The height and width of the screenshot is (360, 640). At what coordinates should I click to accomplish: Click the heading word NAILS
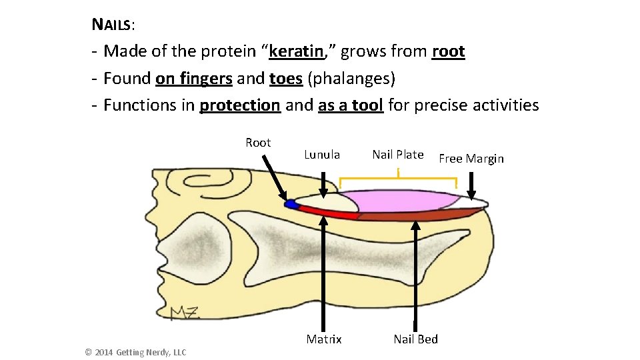112,25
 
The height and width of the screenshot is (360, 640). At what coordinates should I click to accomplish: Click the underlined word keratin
296,51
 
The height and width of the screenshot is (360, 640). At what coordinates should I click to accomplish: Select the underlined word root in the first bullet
448,51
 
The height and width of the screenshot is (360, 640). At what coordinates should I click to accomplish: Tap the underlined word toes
286,79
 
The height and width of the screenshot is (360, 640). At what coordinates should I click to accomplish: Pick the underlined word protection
240,105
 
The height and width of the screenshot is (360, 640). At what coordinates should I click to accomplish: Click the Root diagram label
258,143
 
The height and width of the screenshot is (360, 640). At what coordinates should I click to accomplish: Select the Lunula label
322,155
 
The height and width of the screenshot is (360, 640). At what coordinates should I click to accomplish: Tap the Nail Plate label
397,155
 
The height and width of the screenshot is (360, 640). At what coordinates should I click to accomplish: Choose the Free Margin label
471,159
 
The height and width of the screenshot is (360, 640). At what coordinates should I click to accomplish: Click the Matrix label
324,339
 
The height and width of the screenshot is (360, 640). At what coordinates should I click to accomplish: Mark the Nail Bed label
415,339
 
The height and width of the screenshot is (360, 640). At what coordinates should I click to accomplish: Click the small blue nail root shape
291,205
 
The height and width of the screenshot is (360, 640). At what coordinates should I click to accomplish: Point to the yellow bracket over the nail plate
398,179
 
